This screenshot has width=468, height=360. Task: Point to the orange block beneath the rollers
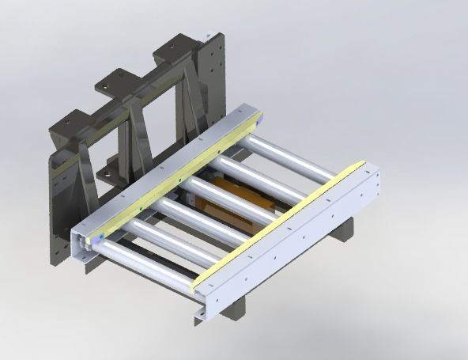pyautogui.click(x=237, y=202)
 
